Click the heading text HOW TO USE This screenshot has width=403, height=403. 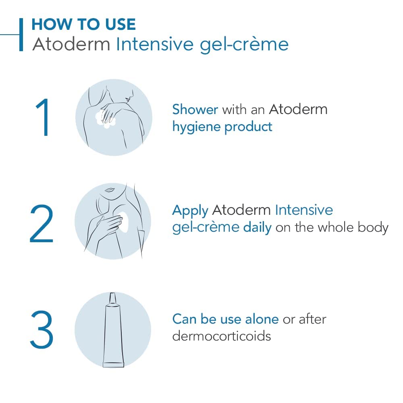(83, 25)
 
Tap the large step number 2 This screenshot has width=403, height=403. (42, 224)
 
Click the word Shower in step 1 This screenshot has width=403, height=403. (195, 109)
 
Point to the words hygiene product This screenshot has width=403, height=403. (222, 127)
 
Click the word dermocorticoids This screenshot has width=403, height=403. (221, 336)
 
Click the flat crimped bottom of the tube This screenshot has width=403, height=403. (113, 364)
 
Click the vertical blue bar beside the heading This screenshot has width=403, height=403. (21, 34)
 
